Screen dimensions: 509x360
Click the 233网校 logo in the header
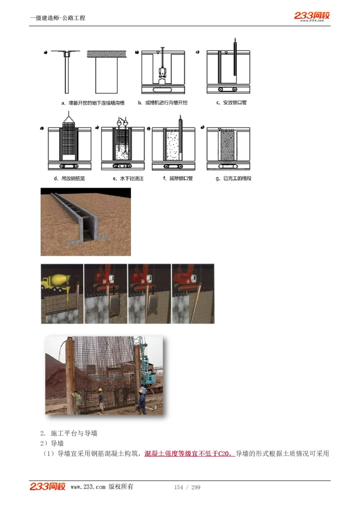pyautogui.click(x=312, y=16)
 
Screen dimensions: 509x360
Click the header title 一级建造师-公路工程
pyautogui.click(x=58, y=18)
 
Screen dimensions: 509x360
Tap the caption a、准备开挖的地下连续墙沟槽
pyautogui.click(x=93, y=103)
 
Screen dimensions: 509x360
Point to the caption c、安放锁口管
pyautogui.click(x=231, y=103)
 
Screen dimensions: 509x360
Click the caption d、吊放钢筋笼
pyautogui.click(x=69, y=179)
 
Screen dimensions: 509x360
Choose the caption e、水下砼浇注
pyautogui.click(x=128, y=179)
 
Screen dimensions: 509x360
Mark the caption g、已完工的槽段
pyautogui.click(x=234, y=179)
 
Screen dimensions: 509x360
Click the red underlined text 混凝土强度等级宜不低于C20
pyautogui.click(x=189, y=453)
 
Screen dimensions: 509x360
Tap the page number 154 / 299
pyautogui.click(x=187, y=487)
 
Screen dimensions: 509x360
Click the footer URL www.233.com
pyautogui.click(x=88, y=487)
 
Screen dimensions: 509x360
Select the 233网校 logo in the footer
pyautogui.click(x=48, y=487)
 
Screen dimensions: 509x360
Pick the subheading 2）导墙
pyautogui.click(x=52, y=443)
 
